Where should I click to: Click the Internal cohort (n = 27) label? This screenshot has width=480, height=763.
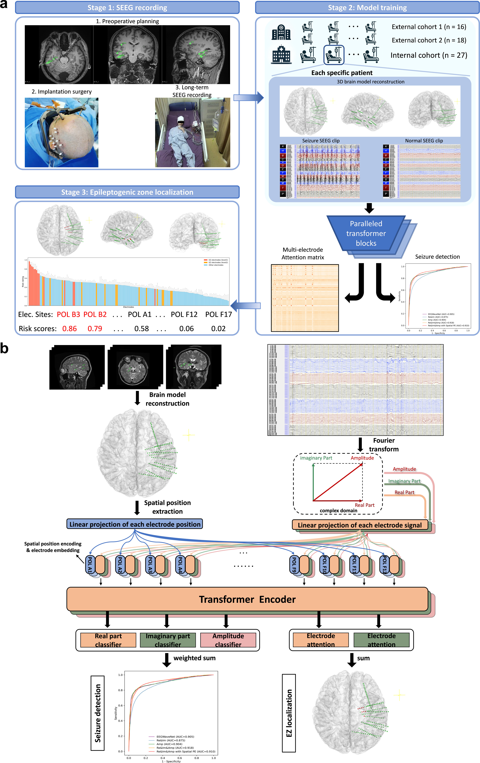pyautogui.click(x=429, y=55)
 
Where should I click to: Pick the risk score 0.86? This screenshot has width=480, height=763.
pyautogui.click(x=69, y=329)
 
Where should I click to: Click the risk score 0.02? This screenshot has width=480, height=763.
pyautogui.click(x=218, y=329)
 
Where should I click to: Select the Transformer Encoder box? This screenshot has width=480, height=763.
pyautogui.click(x=247, y=599)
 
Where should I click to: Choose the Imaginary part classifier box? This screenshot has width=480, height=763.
pyautogui.click(x=168, y=640)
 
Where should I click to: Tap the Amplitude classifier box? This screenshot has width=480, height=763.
pyautogui.click(x=228, y=640)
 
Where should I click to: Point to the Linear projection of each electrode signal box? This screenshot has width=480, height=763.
pyautogui.click(x=360, y=525)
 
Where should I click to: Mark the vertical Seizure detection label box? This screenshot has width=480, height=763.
pyautogui.click(x=98, y=713)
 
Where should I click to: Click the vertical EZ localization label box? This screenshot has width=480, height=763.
pyautogui.click(x=289, y=713)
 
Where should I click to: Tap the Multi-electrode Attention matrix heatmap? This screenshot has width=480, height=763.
pyautogui.click(x=305, y=298)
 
